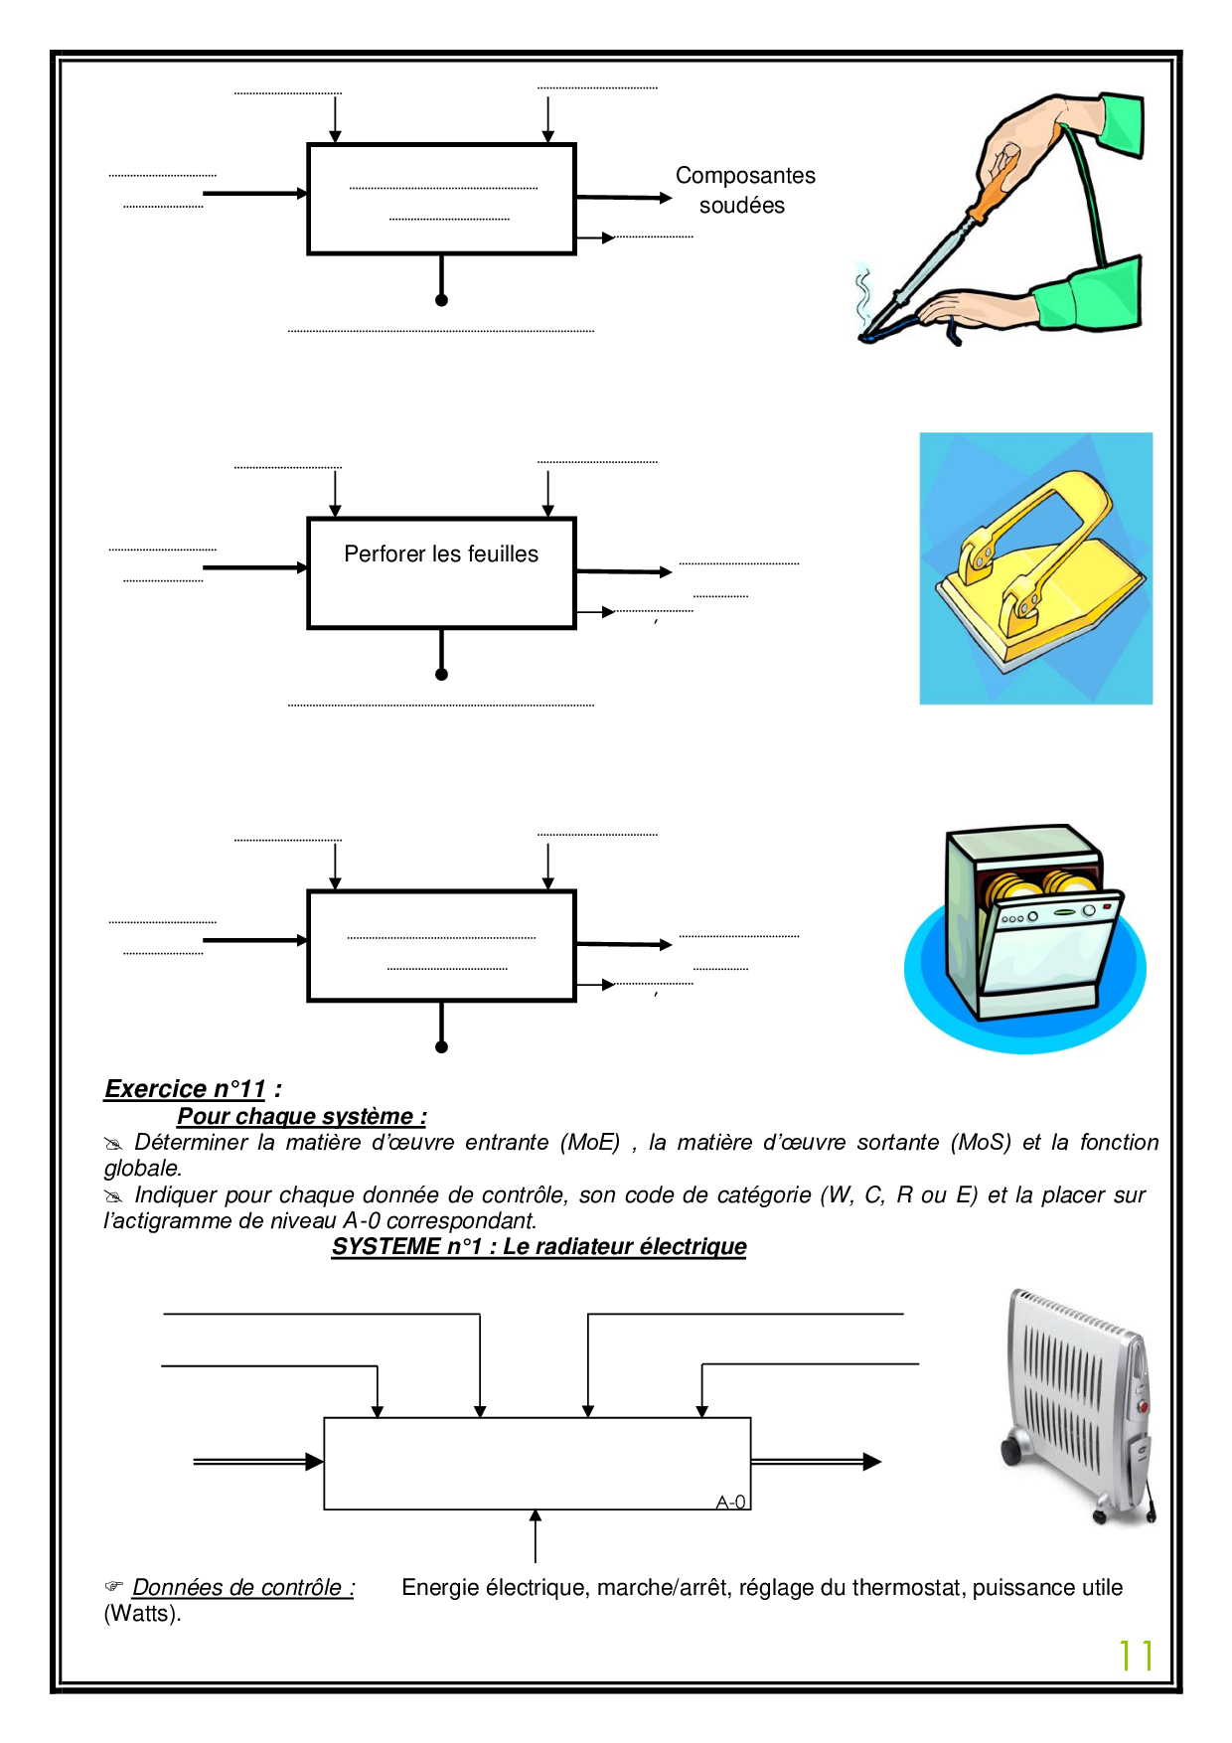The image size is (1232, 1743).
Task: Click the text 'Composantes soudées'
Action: pos(744,190)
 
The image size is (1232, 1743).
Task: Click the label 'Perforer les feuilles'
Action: pos(441,554)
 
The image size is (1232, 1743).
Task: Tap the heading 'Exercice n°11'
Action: pos(186,1089)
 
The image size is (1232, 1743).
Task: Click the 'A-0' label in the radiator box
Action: pos(730,1502)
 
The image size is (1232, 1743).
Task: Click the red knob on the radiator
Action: pos(1144,1407)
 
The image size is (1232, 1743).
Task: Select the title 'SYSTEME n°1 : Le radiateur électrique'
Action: pos(539,1246)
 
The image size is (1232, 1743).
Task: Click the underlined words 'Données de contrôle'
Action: pos(242,1587)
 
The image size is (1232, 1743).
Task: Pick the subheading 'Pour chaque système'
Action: pos(301,1116)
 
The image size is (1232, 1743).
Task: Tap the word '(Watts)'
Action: pos(142,1613)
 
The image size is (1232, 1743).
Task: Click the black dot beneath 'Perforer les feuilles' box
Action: pos(441,674)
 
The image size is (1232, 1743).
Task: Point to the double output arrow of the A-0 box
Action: pos(816,1461)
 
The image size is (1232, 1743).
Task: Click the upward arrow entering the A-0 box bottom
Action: pos(536,1535)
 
